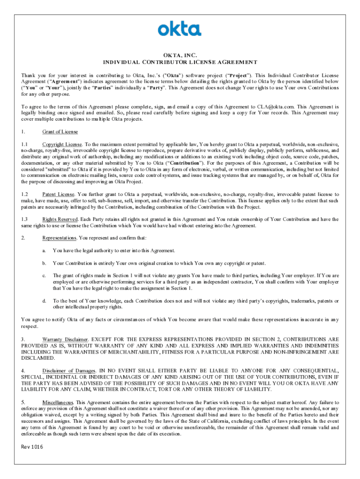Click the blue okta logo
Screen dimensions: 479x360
click(180, 29)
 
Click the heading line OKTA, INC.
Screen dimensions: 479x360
click(180, 55)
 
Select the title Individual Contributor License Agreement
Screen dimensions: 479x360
click(180, 62)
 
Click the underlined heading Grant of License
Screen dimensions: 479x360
click(60, 131)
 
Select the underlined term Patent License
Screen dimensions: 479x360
click(58, 194)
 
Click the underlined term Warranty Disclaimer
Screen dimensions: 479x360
click(65, 338)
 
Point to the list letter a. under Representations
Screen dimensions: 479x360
click(44, 251)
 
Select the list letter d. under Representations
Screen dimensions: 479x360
click(44, 301)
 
